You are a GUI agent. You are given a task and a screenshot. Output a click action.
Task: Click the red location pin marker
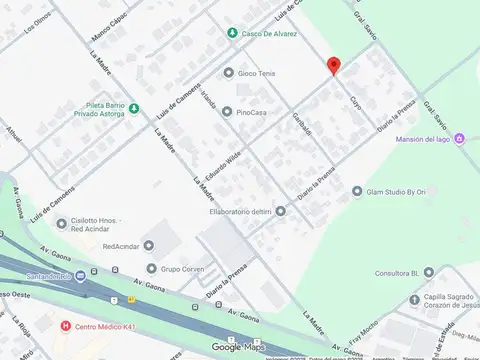coord(334,66)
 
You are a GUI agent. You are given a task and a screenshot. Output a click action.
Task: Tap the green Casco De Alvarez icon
coord(232,33)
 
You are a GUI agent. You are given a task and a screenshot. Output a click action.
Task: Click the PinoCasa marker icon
coord(227,112)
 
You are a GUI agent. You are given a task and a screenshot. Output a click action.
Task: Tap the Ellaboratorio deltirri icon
coord(280,210)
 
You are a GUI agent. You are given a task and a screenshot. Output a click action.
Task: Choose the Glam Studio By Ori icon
coord(357,191)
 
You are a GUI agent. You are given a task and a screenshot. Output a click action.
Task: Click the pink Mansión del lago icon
coord(459,138)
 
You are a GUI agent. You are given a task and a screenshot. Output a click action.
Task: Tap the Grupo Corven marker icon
coord(151,268)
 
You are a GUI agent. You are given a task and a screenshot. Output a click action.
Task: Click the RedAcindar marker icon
coord(149,244)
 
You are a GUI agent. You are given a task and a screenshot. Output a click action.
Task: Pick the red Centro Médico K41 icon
coord(66,325)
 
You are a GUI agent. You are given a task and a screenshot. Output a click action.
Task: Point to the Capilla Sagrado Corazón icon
coord(412,300)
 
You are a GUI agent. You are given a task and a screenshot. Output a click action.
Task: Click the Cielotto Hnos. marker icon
coord(78,221)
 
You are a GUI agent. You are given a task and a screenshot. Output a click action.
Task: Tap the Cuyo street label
coord(355,100)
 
